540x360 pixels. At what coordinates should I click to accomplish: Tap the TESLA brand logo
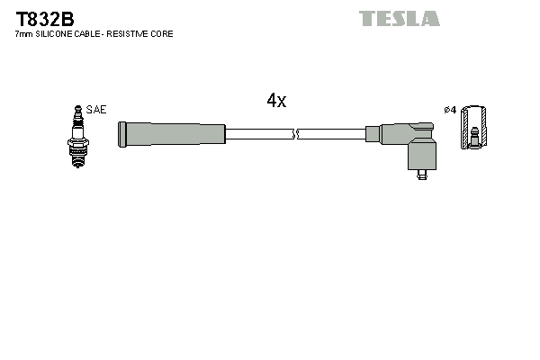[x=399, y=18]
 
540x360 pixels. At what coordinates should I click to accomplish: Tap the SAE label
[x=96, y=110]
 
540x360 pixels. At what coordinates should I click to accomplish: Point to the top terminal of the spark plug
[x=76, y=109]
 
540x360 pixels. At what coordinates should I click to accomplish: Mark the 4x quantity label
[x=276, y=102]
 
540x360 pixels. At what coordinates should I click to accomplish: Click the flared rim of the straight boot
[x=122, y=134]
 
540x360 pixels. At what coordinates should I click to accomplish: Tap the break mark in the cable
[x=295, y=134]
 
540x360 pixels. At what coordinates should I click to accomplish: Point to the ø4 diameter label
[x=450, y=110]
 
